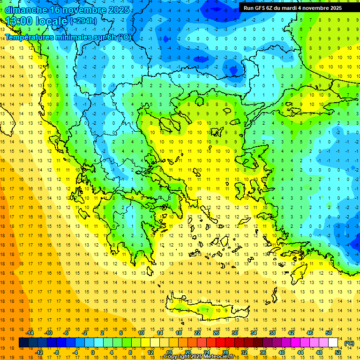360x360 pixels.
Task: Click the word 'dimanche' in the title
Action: pyautogui.click(x=26, y=10)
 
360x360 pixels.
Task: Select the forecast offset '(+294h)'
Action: pyautogui.click(x=83, y=21)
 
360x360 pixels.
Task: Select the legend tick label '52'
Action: pyautogui.click(x=338, y=352)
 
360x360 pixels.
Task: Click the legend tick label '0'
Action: pyautogui.click(x=93, y=352)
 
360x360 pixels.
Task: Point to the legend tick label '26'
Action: pyautogui.click(x=216, y=333)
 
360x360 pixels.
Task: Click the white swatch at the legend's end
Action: pyautogui.click(x=333, y=343)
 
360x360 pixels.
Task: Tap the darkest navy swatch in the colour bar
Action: pyautogui.click(x=23, y=343)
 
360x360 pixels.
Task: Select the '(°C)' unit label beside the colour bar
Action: pyautogui.click(x=349, y=343)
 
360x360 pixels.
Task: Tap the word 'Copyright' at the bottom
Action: pyautogui.click(x=177, y=357)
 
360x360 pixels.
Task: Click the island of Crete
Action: pyautogui.click(x=206, y=309)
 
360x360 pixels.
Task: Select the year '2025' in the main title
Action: pyautogui.click(x=115, y=10)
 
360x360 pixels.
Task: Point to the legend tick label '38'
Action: pyautogui.click(x=272, y=333)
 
